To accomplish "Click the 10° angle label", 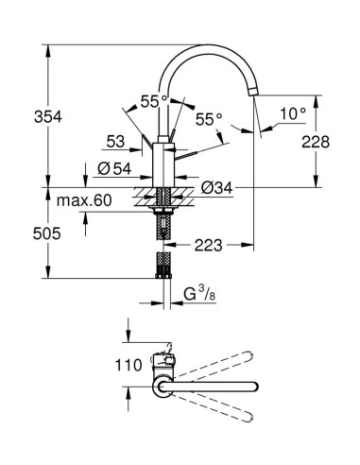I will [292, 114].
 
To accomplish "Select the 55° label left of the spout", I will [152, 98].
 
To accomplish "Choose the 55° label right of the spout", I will [208, 119].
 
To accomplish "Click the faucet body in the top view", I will [163, 364].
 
